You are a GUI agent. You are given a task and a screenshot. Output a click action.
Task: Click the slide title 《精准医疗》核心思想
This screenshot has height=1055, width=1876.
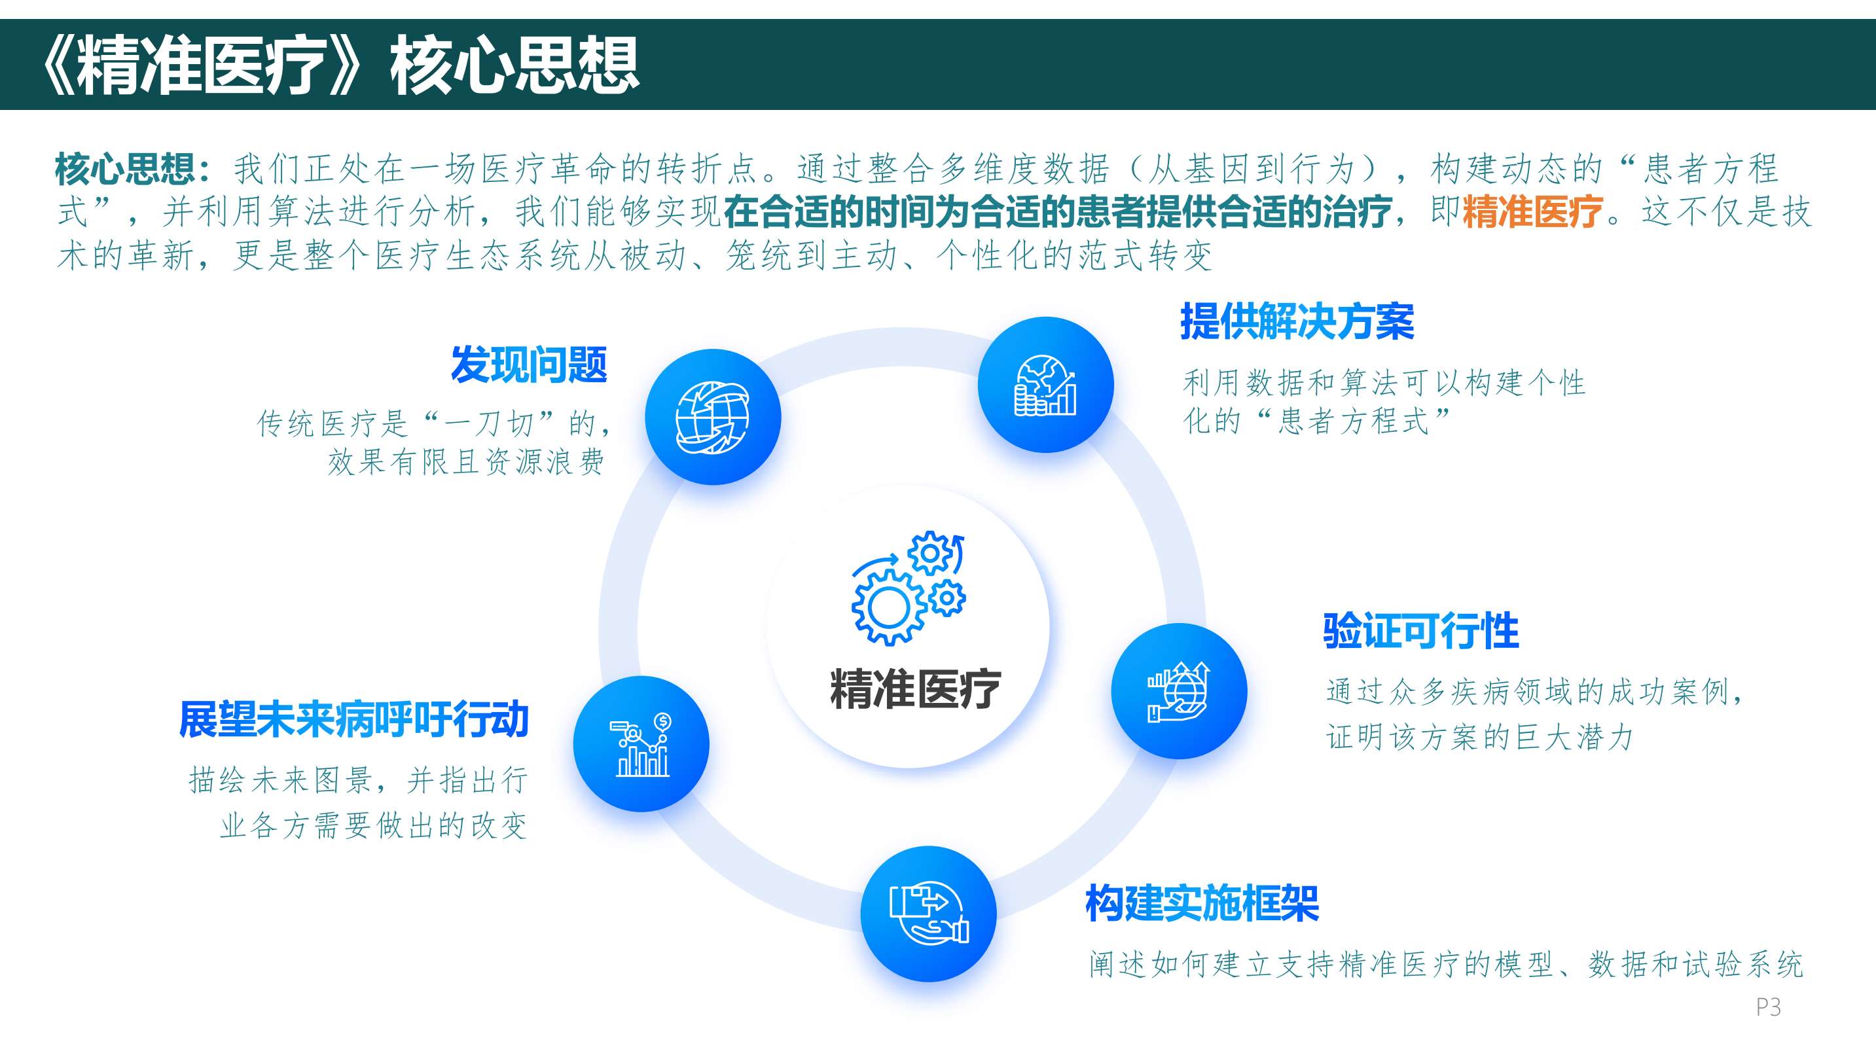point(339,65)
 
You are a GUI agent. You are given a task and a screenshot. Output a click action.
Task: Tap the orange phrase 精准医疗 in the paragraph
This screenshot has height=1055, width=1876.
point(1532,212)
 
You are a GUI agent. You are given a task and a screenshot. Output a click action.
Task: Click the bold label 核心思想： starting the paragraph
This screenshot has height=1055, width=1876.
point(132,169)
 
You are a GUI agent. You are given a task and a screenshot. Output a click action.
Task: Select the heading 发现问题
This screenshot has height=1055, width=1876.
point(529,365)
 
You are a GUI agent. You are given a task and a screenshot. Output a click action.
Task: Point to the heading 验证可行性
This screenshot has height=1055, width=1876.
point(1421,630)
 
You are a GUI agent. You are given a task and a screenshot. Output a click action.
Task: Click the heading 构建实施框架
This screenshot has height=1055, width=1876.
point(1202,904)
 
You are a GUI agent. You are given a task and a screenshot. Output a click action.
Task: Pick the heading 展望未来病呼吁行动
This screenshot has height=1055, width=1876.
point(353,719)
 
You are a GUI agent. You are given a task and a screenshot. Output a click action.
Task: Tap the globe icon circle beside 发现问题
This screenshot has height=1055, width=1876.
point(713,417)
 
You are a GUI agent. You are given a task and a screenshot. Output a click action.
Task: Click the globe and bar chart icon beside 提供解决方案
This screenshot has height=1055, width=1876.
point(1046,384)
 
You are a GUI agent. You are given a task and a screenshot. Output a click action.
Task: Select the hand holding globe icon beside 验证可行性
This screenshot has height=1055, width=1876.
point(1179,691)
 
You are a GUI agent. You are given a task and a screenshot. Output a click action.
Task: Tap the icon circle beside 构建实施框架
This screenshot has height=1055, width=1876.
point(929,914)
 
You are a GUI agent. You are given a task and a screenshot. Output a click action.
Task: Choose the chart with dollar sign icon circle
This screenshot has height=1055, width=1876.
point(641,744)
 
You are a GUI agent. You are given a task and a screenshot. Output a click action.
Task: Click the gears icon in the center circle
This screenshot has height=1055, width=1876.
point(908,588)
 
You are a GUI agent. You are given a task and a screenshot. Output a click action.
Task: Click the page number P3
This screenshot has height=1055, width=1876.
point(1768,1007)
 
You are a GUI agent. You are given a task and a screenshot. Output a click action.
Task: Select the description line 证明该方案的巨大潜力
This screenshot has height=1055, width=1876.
point(1480,737)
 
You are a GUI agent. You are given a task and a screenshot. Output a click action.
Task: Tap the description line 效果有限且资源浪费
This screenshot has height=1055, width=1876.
point(466,461)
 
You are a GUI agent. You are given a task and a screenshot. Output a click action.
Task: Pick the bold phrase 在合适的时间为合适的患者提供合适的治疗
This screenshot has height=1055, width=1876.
point(1057,212)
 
